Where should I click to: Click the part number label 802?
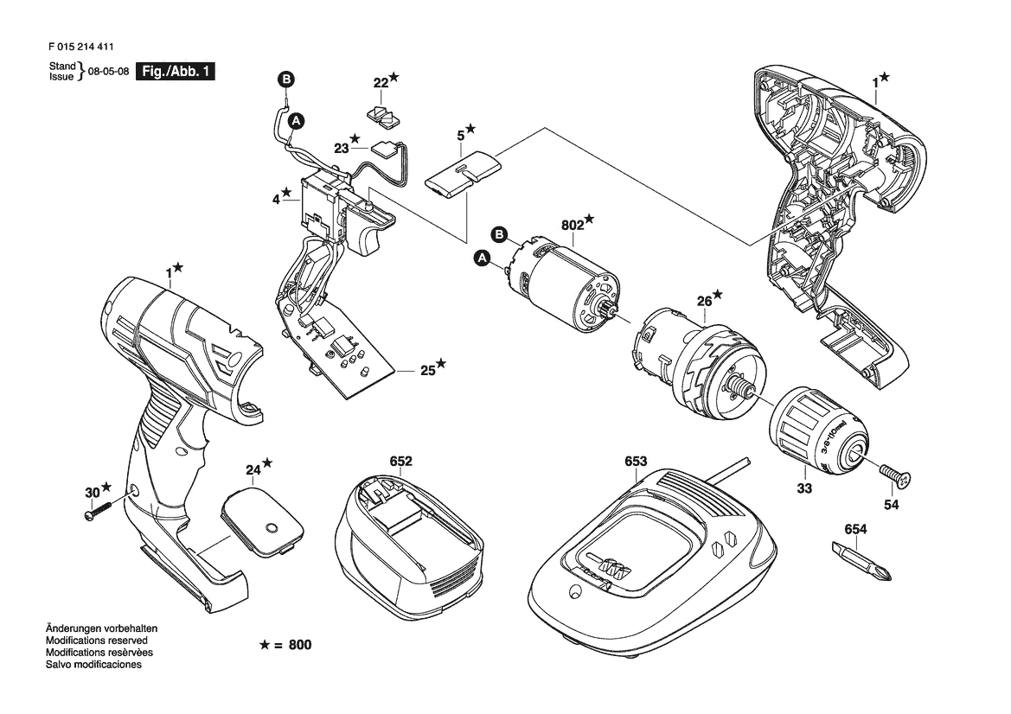(x=573, y=225)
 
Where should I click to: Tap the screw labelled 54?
(x=896, y=475)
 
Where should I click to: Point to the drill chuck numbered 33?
(x=818, y=434)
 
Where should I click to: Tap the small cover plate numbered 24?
(x=262, y=520)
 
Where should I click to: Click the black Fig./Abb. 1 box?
(x=175, y=72)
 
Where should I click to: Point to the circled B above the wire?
(x=286, y=80)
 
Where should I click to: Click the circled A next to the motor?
(x=481, y=258)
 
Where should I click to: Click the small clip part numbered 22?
(x=382, y=115)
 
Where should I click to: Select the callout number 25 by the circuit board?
(x=427, y=371)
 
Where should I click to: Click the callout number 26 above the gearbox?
(x=704, y=301)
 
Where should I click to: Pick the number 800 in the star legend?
(x=300, y=645)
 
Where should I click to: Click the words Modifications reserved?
(x=97, y=641)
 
